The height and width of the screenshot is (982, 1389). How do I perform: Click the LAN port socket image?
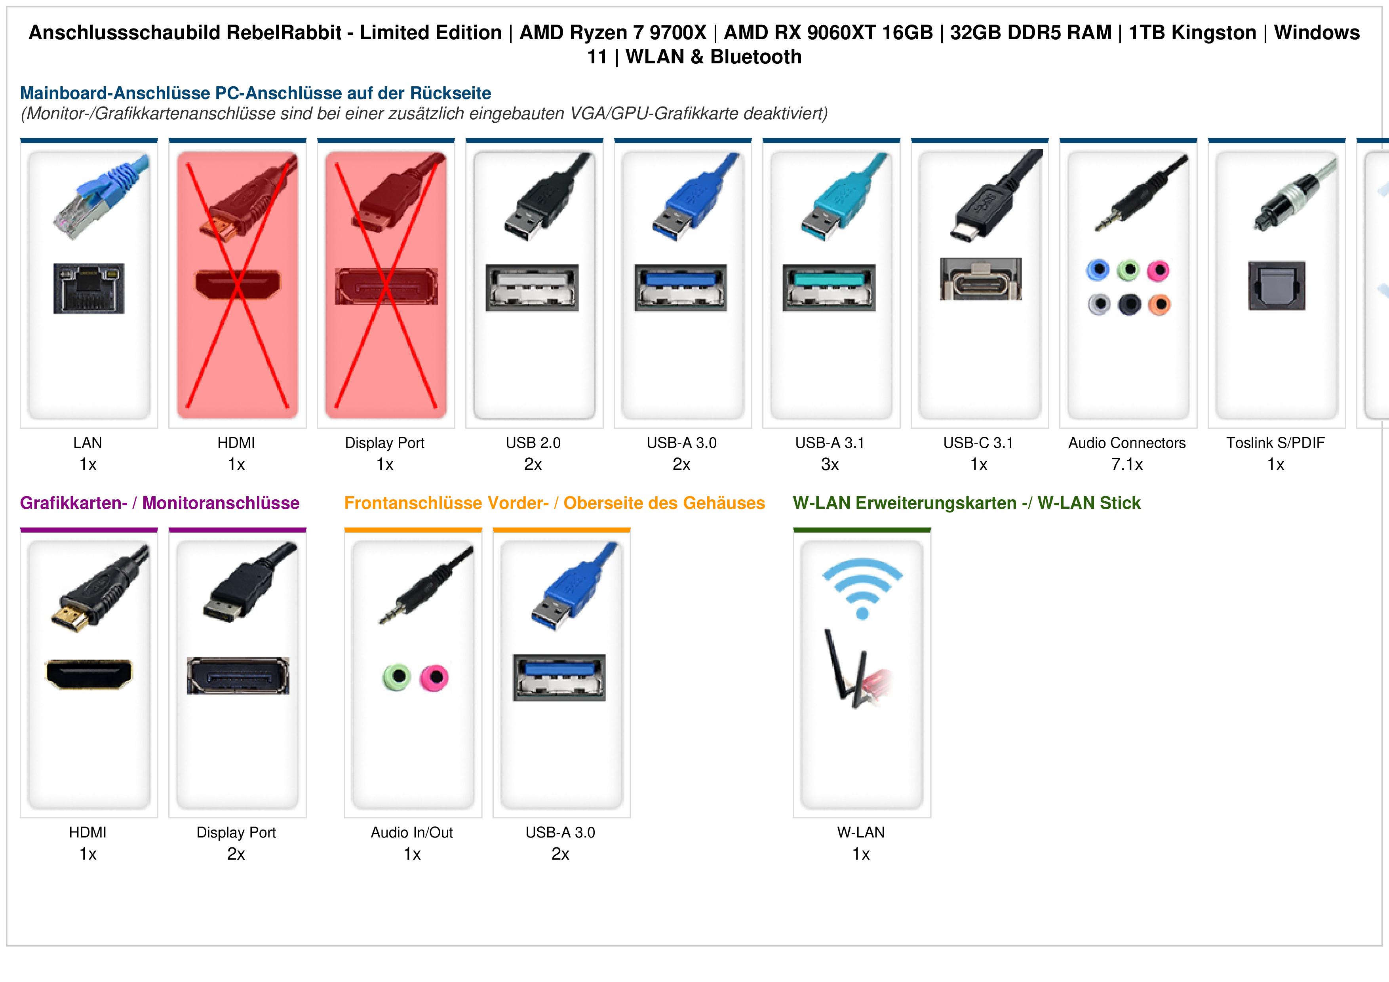89,288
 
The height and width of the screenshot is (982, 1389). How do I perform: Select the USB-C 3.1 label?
978,443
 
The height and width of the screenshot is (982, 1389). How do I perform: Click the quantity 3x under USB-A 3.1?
830,465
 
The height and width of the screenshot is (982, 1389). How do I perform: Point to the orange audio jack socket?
1159,304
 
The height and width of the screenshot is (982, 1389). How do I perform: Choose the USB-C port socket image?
981,279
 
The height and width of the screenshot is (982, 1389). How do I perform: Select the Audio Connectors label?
1126,443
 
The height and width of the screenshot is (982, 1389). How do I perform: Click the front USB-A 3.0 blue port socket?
559,677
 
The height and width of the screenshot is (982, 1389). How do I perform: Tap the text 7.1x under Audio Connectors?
1127,465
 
